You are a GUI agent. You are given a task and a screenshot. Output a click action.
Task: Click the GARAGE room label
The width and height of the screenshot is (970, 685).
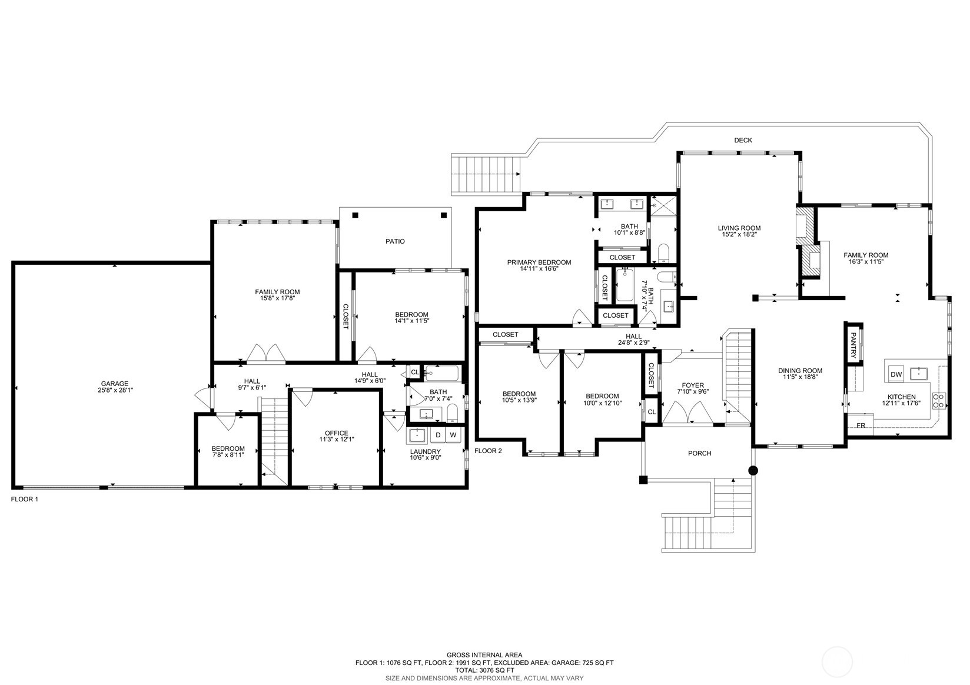pos(115,383)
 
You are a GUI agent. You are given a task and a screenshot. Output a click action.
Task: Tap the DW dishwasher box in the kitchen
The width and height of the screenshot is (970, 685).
pos(896,374)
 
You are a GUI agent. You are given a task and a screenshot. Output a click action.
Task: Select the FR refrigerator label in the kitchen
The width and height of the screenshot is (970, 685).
pos(861,425)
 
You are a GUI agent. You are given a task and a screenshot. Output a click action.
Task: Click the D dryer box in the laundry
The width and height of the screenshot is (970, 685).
pos(439,435)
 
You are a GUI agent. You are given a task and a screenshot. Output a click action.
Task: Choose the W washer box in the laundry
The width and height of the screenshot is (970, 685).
pos(453,435)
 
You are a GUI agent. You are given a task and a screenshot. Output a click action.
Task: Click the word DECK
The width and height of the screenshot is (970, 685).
pos(743,140)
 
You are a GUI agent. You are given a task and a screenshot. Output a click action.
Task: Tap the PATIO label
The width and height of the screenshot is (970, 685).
pos(395,241)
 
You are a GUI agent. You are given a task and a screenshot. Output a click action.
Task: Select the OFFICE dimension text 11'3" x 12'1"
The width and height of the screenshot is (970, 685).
pos(337,439)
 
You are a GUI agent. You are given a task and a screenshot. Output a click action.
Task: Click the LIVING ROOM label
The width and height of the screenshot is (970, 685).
pos(739,228)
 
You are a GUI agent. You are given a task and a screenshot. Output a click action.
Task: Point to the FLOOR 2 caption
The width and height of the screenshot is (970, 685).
pos(488,451)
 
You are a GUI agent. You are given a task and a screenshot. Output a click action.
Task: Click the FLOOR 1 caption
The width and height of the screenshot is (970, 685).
pos(25,499)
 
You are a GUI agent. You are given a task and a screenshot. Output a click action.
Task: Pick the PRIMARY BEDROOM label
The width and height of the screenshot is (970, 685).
pos(539,262)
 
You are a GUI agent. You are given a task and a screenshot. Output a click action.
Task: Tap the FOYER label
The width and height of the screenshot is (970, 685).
pos(693,385)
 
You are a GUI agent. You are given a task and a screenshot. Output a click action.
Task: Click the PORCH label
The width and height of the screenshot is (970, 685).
pos(699,453)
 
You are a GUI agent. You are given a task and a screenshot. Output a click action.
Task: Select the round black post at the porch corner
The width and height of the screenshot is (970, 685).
pos(753,470)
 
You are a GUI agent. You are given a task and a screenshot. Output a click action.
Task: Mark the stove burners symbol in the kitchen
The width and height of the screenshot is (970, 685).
pos(938,401)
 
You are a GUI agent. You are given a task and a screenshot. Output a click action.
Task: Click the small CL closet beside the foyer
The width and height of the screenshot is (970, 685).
pos(652,412)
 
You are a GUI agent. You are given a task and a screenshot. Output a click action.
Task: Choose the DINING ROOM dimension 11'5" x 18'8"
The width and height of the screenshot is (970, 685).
pos(800,377)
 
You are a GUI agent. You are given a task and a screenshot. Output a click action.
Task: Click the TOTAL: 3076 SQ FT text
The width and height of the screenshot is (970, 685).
pos(484,670)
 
